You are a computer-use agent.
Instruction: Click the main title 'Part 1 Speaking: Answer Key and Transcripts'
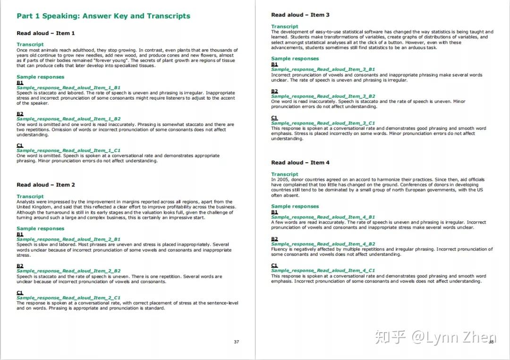[103, 16]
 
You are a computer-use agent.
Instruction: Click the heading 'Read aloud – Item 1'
[46, 33]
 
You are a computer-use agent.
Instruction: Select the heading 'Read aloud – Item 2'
[46, 185]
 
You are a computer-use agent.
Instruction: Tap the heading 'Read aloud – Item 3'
[300, 15]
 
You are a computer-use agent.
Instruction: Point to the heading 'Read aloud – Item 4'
[300, 163]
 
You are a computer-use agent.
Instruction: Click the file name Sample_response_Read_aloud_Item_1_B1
[68, 88]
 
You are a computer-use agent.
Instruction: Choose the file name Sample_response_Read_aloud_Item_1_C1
[68, 151]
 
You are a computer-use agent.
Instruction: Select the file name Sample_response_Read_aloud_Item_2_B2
[68, 271]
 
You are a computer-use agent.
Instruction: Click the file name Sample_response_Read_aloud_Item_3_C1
[323, 123]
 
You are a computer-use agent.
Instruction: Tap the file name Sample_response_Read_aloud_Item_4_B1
[323, 218]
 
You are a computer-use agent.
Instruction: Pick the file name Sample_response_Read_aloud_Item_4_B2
[323, 244]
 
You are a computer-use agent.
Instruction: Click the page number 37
[237, 342]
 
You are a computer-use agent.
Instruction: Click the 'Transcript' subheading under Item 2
[30, 196]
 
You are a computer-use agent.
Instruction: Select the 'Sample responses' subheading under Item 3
[295, 59]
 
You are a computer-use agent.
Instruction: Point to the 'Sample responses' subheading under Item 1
[41, 77]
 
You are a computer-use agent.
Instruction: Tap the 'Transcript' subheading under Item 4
[285, 174]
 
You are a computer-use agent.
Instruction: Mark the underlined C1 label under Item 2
[20, 293]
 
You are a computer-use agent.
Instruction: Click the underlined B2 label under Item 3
[274, 92]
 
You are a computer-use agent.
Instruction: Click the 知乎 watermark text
[391, 337]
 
